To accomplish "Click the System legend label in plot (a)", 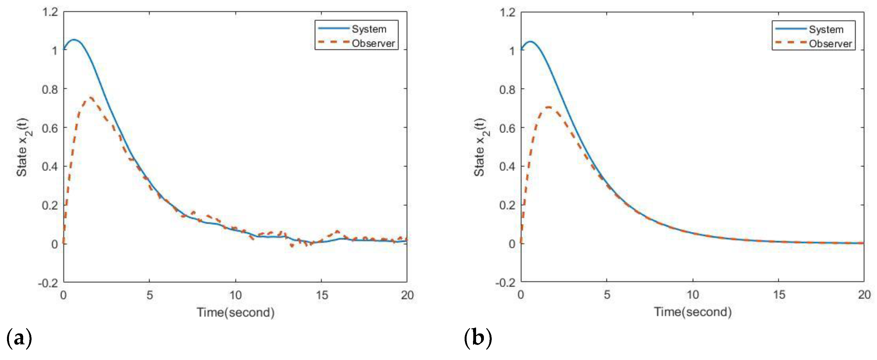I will [369, 29].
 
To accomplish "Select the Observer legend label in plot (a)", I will [373, 44].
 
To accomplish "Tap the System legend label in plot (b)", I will [826, 30].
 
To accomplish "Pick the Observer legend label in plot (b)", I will [830, 44].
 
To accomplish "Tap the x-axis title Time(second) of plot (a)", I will [236, 312].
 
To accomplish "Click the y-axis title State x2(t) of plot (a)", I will [23, 147].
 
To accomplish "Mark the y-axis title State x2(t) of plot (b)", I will [480, 147].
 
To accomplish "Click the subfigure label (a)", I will [19, 338].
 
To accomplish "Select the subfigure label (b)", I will [478, 338].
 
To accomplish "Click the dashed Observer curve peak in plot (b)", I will [548, 107].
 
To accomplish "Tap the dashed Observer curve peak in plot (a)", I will [91, 98].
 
